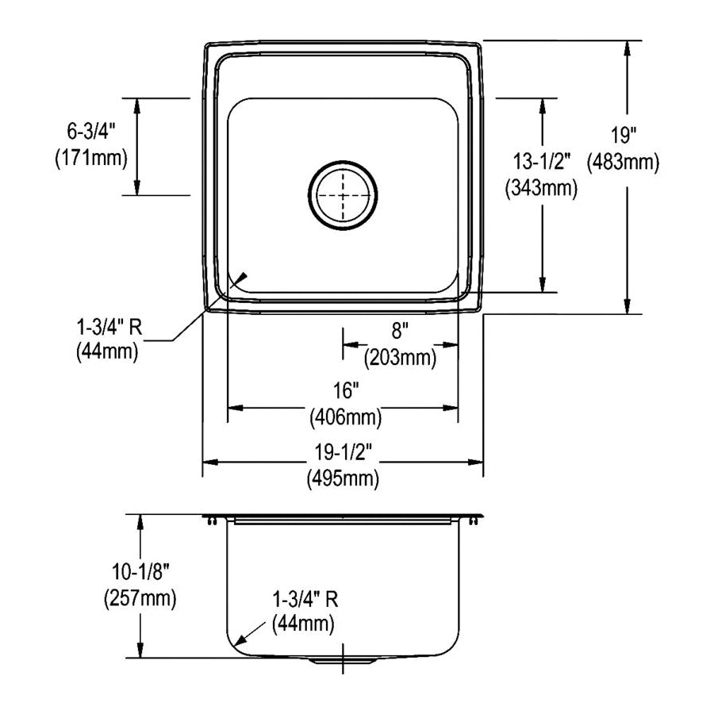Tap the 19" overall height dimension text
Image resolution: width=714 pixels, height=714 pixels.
(x=624, y=136)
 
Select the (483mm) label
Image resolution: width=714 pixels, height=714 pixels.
(x=623, y=162)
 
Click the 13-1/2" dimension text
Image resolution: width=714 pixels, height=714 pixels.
(x=541, y=162)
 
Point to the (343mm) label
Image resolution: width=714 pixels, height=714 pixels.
(x=541, y=188)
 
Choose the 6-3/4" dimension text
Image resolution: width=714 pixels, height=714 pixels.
(x=91, y=132)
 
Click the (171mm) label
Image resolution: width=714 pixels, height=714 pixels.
(x=91, y=159)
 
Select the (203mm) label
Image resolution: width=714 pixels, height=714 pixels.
(x=400, y=358)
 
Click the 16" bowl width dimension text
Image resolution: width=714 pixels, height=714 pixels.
(x=346, y=390)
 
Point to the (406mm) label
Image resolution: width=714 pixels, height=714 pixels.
(x=346, y=417)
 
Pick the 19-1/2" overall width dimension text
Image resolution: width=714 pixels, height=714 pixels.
(x=344, y=452)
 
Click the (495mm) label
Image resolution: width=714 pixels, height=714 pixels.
(x=343, y=478)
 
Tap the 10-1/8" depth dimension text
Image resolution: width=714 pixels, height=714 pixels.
(x=140, y=571)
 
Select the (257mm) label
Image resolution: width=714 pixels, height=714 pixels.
(x=140, y=598)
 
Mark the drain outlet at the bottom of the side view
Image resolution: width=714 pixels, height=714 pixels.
(x=343, y=660)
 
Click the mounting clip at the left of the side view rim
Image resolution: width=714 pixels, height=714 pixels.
(x=211, y=520)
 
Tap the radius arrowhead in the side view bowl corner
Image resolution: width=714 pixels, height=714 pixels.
(x=240, y=639)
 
